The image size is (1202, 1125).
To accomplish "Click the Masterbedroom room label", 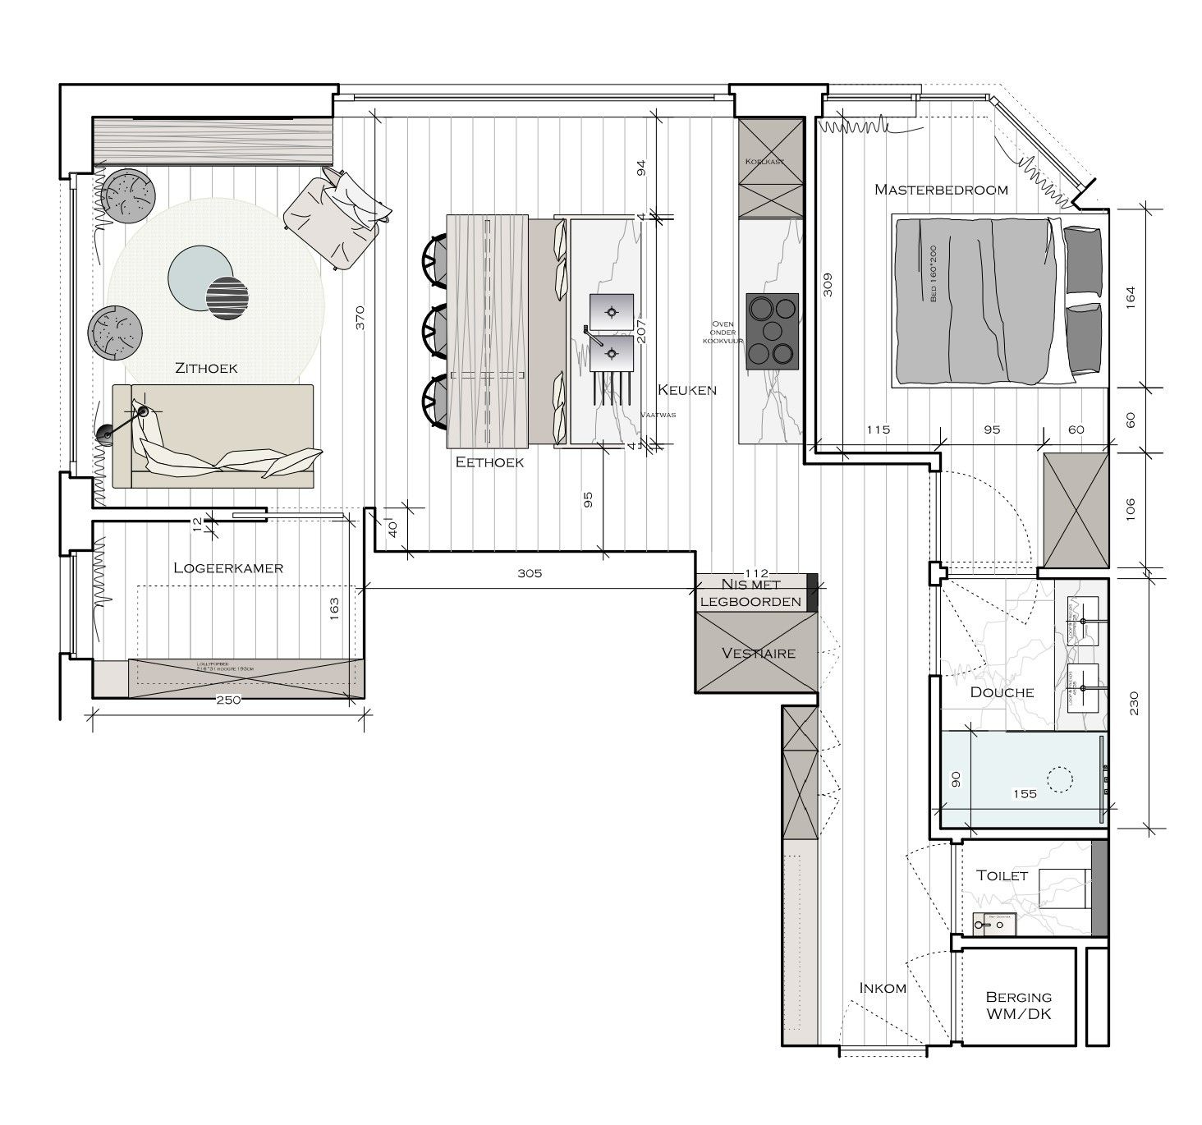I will [x=941, y=190].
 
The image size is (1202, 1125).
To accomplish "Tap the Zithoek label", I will [x=206, y=368].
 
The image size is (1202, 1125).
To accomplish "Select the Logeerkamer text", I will [x=228, y=568].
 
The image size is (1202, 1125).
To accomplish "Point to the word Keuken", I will [x=687, y=390].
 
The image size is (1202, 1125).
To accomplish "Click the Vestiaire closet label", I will [x=759, y=654].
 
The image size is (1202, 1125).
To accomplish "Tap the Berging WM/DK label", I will [x=1018, y=1005].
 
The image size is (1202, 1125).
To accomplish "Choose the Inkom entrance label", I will [x=883, y=988].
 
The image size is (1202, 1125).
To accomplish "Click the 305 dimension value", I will [x=530, y=573].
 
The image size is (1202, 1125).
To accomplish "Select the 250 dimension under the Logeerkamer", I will [x=227, y=700].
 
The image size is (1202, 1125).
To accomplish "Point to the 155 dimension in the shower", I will [x=1025, y=793].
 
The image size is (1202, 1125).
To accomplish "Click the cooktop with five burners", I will [x=772, y=331].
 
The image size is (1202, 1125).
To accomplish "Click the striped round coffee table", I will [x=227, y=297].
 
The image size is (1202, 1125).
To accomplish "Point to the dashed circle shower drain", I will [x=1059, y=778].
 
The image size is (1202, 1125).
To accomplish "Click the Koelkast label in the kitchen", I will [x=764, y=162].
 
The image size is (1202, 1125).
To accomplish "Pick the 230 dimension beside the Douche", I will [x=1134, y=703].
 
